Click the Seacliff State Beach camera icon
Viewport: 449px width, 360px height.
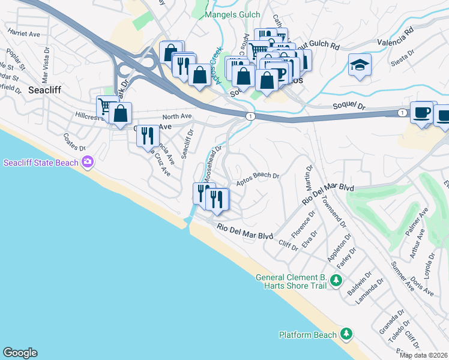coord(88,162)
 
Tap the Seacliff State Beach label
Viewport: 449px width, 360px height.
coord(42,163)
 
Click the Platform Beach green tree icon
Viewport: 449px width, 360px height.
coord(346,334)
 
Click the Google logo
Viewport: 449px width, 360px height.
coord(20,353)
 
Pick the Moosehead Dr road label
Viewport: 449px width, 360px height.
coord(212,163)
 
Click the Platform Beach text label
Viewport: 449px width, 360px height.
coord(308,334)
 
